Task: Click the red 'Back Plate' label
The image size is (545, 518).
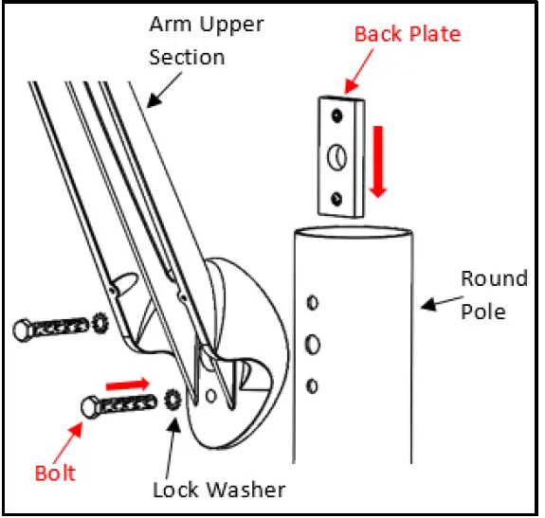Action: tap(407, 34)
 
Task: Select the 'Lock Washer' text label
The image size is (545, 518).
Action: tap(219, 490)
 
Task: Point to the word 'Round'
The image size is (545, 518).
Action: tap(494, 278)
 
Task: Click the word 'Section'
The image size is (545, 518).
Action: tap(187, 57)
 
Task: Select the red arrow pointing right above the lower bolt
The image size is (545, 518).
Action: tap(127, 384)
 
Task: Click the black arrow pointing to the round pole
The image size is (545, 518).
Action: tap(438, 305)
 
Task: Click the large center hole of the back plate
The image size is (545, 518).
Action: tap(339, 156)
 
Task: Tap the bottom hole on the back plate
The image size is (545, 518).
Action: tap(339, 197)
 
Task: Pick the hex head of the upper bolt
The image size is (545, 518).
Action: tap(24, 329)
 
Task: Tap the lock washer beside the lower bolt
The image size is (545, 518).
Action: tap(172, 398)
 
